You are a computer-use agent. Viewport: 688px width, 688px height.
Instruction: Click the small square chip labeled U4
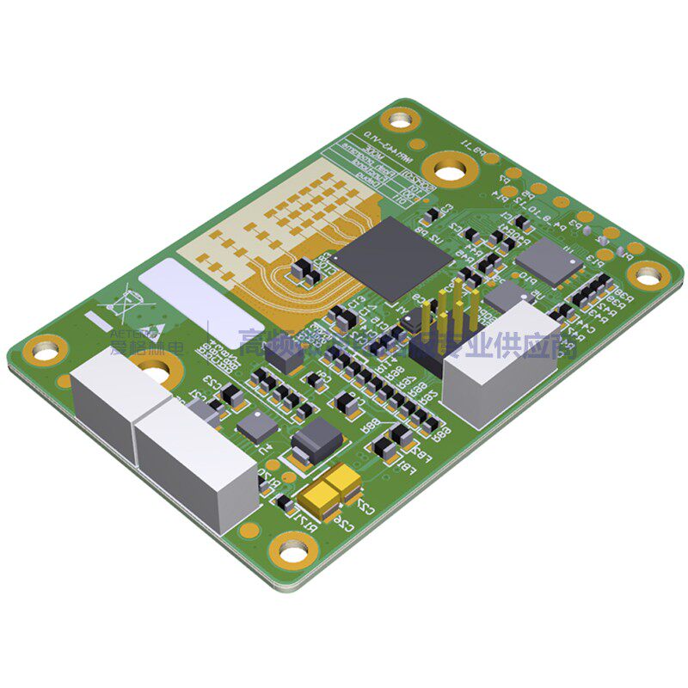tap(257, 427)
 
